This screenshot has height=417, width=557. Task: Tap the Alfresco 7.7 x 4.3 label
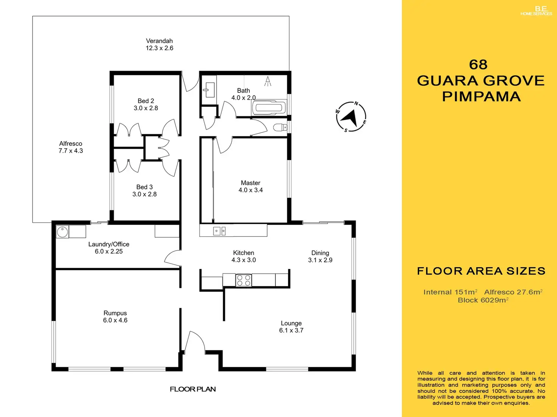71,147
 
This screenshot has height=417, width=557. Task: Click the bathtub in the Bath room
269,108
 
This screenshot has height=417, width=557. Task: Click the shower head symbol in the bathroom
268,81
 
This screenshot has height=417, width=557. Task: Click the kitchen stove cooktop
243,280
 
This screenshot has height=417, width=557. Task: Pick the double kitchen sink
219,230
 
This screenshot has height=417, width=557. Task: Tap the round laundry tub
62,232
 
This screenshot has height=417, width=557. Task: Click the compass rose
351,117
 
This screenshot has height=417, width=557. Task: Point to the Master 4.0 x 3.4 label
250,186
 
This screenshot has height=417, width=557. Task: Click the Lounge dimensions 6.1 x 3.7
291,331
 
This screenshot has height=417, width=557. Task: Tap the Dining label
320,253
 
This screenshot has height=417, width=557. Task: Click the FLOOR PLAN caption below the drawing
193,389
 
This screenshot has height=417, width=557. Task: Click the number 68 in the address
478,65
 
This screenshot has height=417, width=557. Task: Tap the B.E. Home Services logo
536,11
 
